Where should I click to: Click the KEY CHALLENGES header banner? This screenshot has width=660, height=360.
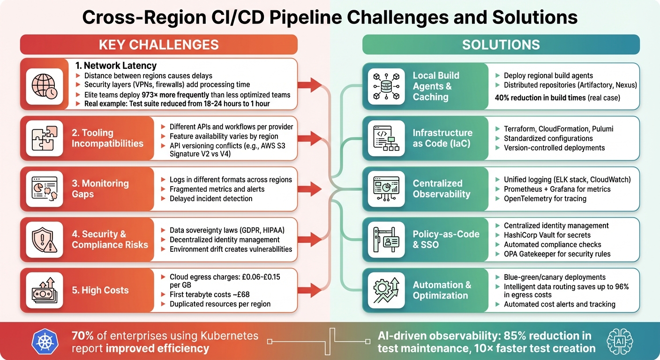click(158, 45)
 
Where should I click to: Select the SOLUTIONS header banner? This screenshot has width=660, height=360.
click(501, 45)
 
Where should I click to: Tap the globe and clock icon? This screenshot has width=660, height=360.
click(45, 86)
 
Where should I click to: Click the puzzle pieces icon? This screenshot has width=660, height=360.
click(45, 138)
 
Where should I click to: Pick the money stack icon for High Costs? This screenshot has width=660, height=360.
click(45, 290)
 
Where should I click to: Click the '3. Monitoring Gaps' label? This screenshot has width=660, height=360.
click(100, 188)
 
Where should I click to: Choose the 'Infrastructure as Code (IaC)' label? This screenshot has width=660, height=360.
click(442, 138)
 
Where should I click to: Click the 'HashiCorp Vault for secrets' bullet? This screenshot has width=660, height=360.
click(547, 235)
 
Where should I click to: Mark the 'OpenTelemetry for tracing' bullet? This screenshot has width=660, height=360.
click(545, 198)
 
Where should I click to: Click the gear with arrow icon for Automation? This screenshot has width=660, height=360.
click(386, 290)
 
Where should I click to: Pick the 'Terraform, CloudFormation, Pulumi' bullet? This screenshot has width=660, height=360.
click(558, 129)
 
